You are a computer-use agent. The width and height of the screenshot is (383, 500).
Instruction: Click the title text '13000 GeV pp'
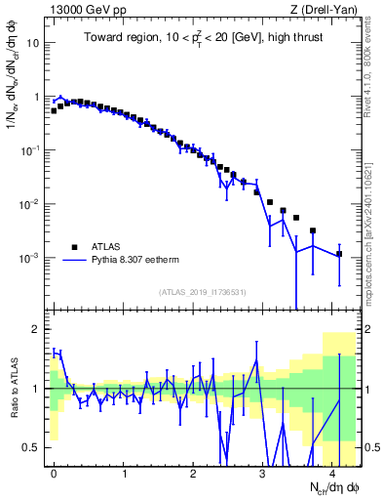[78, 10]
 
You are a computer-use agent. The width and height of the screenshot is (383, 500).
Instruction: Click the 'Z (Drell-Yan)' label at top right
[328, 10]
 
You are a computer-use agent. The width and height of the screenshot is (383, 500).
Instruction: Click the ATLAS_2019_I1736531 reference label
[203, 292]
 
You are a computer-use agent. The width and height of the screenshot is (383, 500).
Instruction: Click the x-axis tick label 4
[332, 472]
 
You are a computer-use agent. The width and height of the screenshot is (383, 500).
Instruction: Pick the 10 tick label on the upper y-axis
[31, 44]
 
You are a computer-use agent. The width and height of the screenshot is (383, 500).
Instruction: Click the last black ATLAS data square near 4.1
[339, 254]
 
